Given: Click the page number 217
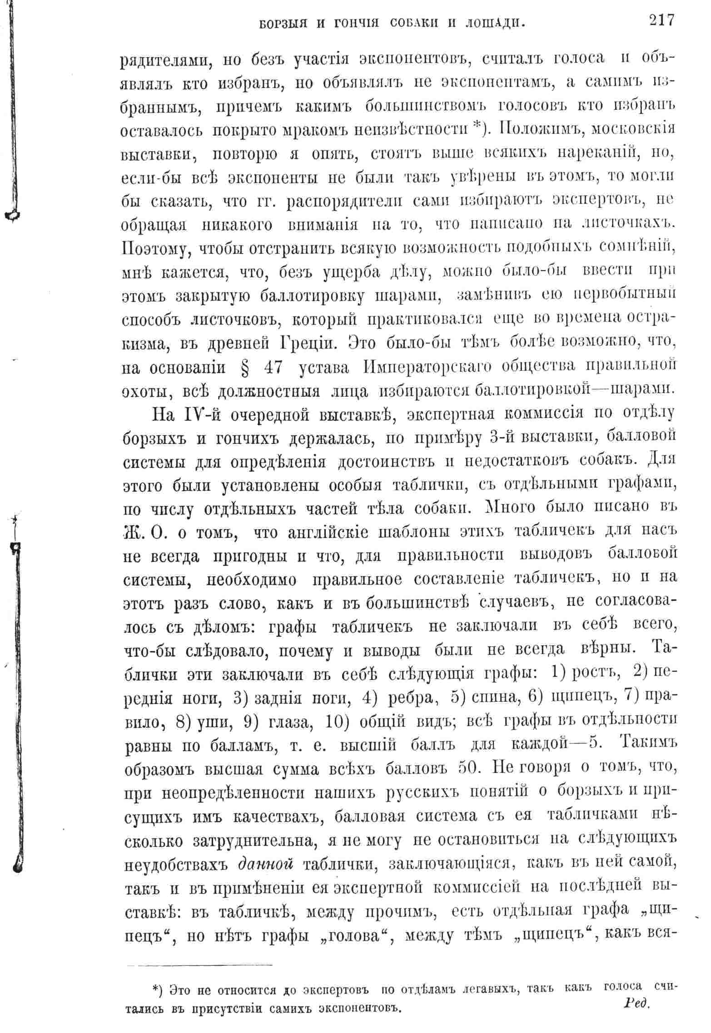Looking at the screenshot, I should [662, 21].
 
